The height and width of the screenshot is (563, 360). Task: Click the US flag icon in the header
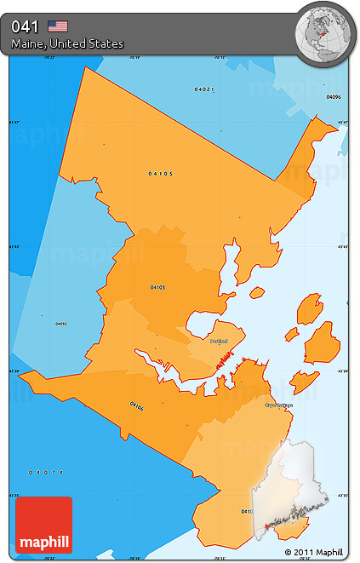tap(58, 26)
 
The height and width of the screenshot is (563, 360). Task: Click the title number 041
tap(26, 26)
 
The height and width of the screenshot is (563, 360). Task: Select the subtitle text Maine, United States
tap(67, 43)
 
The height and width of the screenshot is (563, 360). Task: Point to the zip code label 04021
tap(203, 89)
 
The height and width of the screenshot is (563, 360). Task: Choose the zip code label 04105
tap(160, 174)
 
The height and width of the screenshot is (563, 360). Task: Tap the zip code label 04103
tap(157, 287)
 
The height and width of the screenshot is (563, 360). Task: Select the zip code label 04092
tap(61, 324)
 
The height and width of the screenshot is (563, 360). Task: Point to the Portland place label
tap(220, 341)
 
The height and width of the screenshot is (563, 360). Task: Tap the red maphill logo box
tap(43, 525)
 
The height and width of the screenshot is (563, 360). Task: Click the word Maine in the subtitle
tap(28, 43)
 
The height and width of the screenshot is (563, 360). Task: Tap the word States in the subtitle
tap(106, 43)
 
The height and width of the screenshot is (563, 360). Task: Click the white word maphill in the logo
tap(43, 541)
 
